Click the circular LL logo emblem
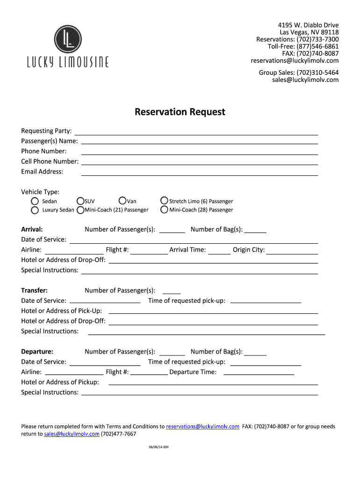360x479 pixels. coord(68,39)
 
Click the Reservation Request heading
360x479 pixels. coord(180,112)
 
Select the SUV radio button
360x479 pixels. coord(80,201)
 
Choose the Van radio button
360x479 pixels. coord(122,201)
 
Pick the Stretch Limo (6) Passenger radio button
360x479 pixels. coord(164,201)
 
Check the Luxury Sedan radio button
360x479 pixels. coord(35,210)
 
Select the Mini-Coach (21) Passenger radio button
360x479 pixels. coord(80,210)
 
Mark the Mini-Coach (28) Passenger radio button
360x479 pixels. coord(164,210)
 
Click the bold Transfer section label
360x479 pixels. coord(34,290)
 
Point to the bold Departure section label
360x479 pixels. coord(37,352)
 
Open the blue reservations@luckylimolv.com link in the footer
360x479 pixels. coord(202,427)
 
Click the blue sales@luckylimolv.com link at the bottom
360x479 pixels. coord(72,434)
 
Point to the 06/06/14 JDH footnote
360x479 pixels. coord(159,447)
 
